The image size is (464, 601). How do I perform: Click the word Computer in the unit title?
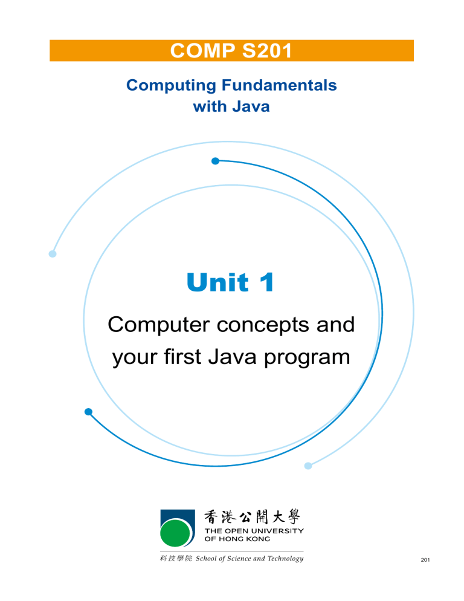[154, 325]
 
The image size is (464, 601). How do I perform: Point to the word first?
[192, 357]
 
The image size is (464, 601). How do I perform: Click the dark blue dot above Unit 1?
[215, 161]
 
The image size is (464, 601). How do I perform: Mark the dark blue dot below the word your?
[88, 412]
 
